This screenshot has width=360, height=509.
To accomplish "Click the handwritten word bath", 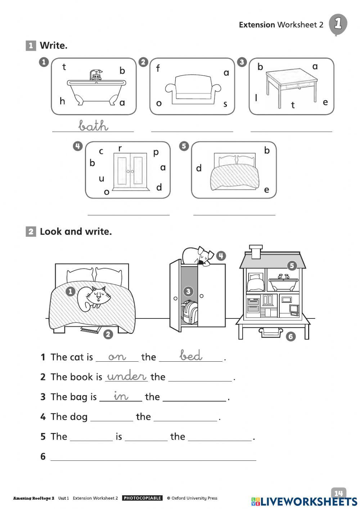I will pyautogui.click(x=93, y=126).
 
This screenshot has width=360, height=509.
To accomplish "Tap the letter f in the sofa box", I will pyautogui.click(x=158, y=68).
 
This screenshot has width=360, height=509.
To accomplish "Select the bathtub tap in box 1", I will pyautogui.click(x=96, y=75).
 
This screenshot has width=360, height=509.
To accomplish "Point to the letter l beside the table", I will pyautogui.click(x=256, y=98).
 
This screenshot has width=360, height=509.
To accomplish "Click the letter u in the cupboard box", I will pyautogui.click(x=102, y=178).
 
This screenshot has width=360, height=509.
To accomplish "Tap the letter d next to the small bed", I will pyautogui.click(x=199, y=168).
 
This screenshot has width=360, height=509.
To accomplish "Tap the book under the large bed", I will pyautogui.click(x=90, y=329).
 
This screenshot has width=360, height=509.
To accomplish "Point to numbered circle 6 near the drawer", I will pyautogui.click(x=291, y=336).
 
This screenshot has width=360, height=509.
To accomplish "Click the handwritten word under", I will pyautogui.click(x=127, y=376).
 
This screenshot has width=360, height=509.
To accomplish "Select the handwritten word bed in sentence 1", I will pyautogui.click(x=191, y=356).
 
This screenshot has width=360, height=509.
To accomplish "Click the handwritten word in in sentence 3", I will pyautogui.click(x=121, y=396).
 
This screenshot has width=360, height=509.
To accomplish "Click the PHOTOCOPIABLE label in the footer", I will pyautogui.click(x=142, y=498).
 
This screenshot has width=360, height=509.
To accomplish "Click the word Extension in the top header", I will pyautogui.click(x=257, y=25).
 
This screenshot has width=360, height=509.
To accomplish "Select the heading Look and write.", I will pyautogui.click(x=76, y=232).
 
